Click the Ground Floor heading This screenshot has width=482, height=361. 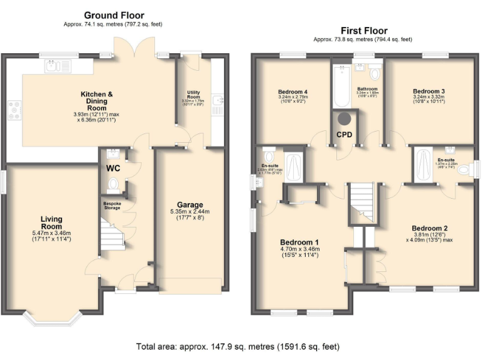coord(114,15)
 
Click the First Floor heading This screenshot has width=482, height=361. coord(364,30)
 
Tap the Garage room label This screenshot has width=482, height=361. coord(190,205)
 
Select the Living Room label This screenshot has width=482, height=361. coord(51,222)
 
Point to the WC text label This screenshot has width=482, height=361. coord(114,169)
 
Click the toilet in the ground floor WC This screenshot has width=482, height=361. coord(114,184)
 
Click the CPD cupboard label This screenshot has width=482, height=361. coord(344,134)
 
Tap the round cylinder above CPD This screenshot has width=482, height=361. coord(344,118)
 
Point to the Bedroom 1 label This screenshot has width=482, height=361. coord(299,243)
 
